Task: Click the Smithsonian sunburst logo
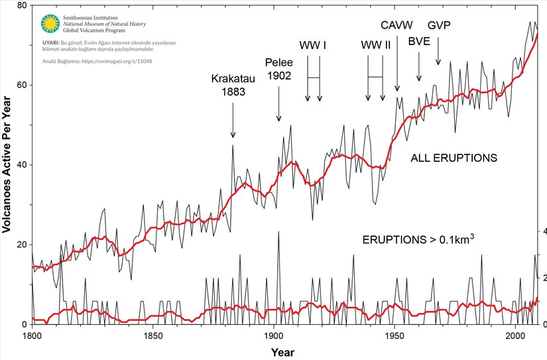[x=48, y=24]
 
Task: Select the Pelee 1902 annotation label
[x=278, y=69]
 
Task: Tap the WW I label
[x=313, y=46]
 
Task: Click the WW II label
[x=375, y=46]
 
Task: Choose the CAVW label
[x=396, y=25]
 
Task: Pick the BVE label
[x=419, y=41]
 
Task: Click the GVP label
[x=438, y=25]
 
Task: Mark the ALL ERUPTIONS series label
[x=454, y=158]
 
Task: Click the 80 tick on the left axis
[x=21, y=6]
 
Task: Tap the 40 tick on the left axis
[x=21, y=165]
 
